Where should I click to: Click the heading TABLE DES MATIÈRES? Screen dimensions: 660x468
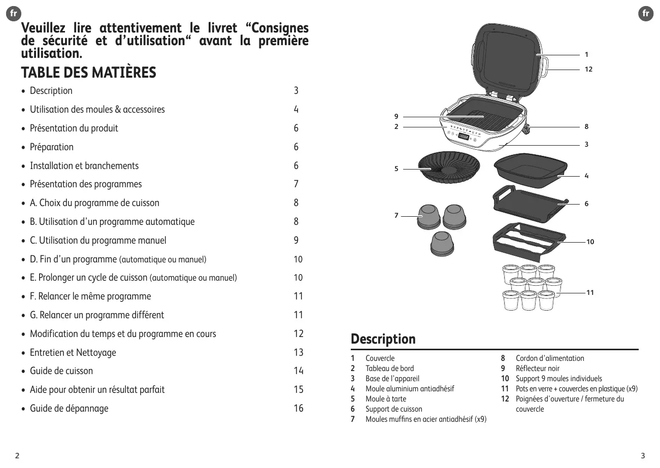click(x=88, y=73)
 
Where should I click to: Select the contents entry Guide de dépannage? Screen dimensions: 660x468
click(x=69, y=409)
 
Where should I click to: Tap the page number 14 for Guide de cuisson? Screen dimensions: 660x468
click(x=299, y=371)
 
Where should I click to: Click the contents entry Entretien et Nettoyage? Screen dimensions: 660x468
click(x=73, y=352)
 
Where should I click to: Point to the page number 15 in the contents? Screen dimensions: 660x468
click(x=299, y=390)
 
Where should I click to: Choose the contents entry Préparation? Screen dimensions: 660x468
click(x=52, y=147)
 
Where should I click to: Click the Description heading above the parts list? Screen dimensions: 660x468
click(x=383, y=339)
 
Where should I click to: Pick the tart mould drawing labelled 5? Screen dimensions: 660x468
click(x=449, y=168)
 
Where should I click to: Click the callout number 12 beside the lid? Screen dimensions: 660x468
click(x=588, y=69)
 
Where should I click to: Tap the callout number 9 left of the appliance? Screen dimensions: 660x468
click(x=397, y=117)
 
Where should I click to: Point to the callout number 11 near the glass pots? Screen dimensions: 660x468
click(x=590, y=293)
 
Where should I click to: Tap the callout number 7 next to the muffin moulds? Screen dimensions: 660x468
click(x=397, y=215)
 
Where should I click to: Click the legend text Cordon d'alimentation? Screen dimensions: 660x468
click(x=550, y=358)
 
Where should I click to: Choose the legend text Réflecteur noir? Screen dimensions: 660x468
click(x=538, y=369)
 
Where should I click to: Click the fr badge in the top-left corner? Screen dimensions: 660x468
click(x=14, y=14)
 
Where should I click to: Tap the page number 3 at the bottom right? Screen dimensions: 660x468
click(x=643, y=455)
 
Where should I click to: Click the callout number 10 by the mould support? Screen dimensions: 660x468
click(x=590, y=242)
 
